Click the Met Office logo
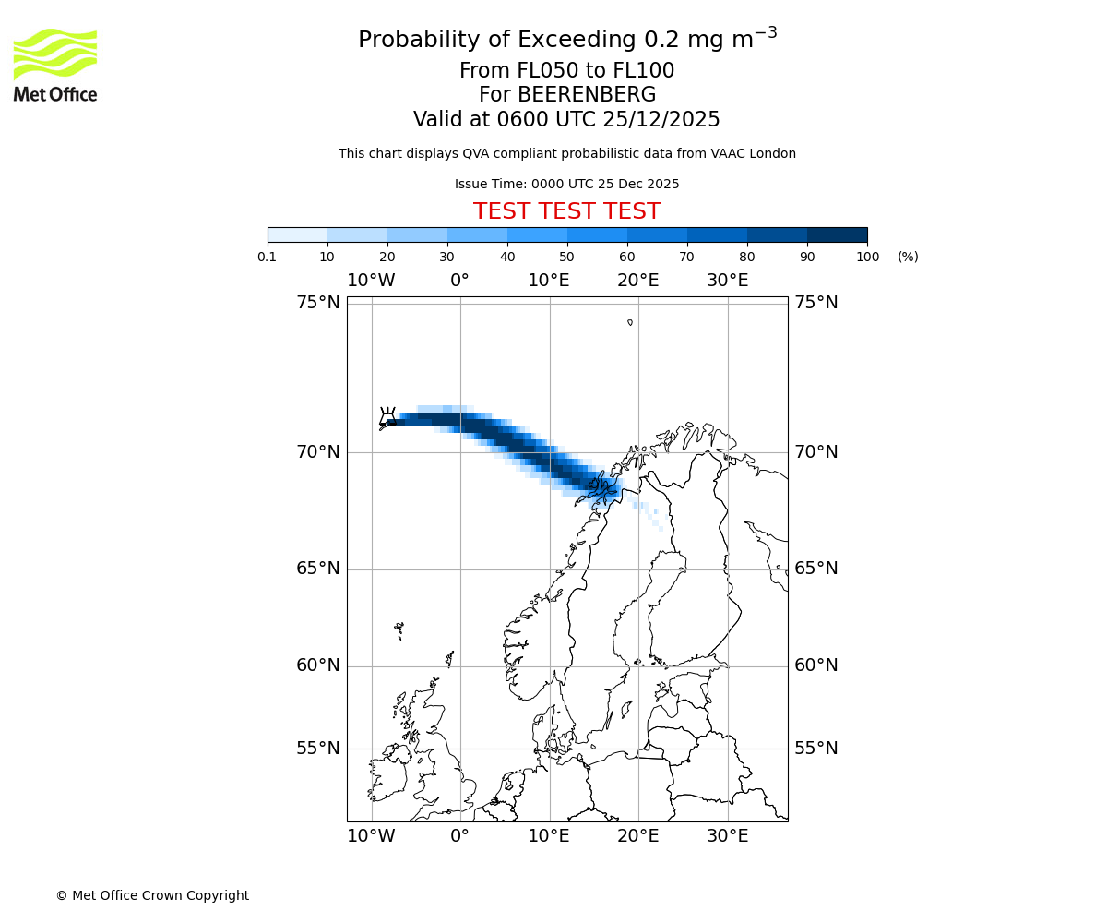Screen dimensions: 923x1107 [x=55, y=65]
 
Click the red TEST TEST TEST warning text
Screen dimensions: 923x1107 [x=566, y=211]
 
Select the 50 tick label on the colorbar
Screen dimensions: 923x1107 [x=566, y=257]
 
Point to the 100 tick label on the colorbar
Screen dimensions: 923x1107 [x=867, y=257]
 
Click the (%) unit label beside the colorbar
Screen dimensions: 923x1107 [x=908, y=257]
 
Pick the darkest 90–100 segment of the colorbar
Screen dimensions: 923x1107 [x=837, y=234]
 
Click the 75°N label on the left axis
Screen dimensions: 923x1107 [x=317, y=303]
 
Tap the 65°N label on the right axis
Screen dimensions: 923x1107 [x=816, y=569]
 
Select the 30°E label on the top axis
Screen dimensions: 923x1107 [x=728, y=281]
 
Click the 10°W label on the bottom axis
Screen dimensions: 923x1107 [x=371, y=836]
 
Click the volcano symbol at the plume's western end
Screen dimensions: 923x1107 [x=388, y=418]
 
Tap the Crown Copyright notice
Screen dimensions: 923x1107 [x=152, y=895]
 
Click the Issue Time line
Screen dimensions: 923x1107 [x=566, y=184]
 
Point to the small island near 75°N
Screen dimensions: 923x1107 [x=630, y=322]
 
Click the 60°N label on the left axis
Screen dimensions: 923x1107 [x=317, y=665]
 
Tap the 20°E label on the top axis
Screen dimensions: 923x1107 [x=638, y=281]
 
